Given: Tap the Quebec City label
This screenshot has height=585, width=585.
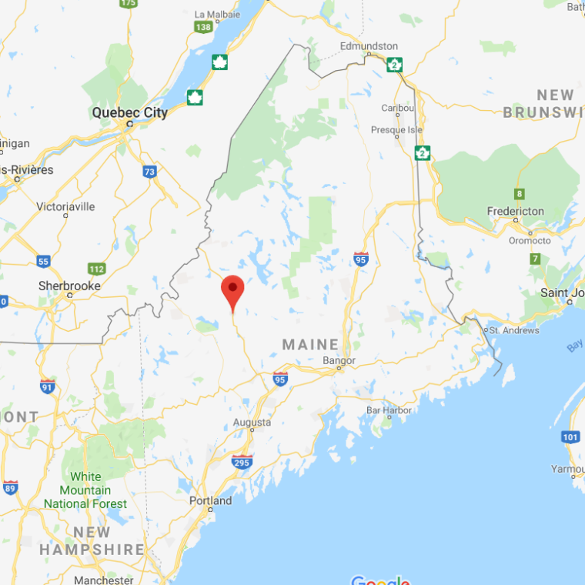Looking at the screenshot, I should pos(129,112).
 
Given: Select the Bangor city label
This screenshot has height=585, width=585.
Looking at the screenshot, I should pos(339,360).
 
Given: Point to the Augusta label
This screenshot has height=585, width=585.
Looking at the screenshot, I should pos(252,423).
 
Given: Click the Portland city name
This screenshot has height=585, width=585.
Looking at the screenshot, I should pos(210,500).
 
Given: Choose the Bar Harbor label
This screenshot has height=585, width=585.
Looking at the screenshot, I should pos(389,410).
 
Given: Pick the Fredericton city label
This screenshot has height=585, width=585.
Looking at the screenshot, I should pos(515,211).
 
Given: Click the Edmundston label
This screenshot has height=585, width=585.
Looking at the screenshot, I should pos(369,46).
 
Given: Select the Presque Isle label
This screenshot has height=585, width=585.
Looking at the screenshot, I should pos(397,129).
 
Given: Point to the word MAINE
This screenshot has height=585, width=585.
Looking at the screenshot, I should pos(310,345).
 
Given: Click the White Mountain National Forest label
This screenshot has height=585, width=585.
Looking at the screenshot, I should pos(85,490).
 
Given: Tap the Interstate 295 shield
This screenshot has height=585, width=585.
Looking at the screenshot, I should pos(242,461).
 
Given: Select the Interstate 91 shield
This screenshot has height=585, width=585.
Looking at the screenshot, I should pos(48,386).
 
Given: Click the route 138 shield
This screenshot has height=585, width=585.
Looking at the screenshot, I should pos(203,27).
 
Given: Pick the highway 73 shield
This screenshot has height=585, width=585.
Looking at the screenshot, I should pos(149,171).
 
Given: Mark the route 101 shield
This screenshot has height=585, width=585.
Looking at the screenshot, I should pos(570,437).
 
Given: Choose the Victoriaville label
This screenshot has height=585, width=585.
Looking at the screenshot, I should pos(66,206).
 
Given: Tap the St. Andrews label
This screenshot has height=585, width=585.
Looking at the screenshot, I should pos(514,330).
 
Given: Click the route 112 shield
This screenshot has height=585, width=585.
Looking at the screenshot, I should pos(97,269).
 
